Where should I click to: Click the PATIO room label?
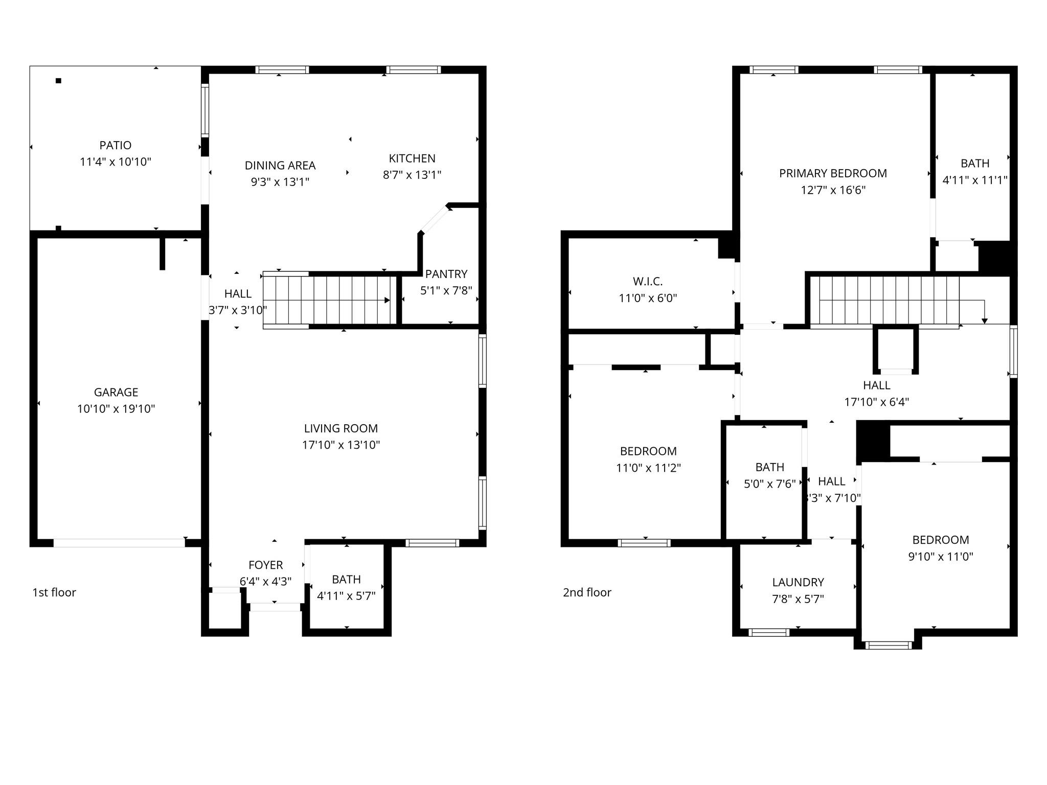[x=116, y=146]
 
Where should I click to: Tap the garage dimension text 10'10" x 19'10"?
[x=116, y=409]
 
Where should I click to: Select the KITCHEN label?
[x=412, y=158]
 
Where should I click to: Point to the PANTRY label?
[x=446, y=274]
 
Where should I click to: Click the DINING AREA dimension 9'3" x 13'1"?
[x=280, y=182]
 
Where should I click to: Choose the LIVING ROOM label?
[x=341, y=428]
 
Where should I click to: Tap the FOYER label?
[x=265, y=565]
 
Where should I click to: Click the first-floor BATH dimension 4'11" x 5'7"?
[x=346, y=596]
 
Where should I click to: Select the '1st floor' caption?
[x=54, y=592]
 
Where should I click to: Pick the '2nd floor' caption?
[x=587, y=592]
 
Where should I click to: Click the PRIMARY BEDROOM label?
[x=833, y=173]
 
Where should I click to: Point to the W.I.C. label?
[x=648, y=282]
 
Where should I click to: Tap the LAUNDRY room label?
[x=798, y=582]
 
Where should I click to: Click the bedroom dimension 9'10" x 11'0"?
[x=941, y=557]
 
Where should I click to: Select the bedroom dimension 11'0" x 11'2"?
[x=648, y=468]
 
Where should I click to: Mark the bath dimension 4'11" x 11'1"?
[x=975, y=180]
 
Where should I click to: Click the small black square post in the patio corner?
[x=59, y=81]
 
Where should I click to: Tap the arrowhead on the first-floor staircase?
[x=387, y=300]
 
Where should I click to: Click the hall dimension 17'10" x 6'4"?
[x=876, y=402]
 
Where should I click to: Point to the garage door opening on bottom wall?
[x=119, y=543]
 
